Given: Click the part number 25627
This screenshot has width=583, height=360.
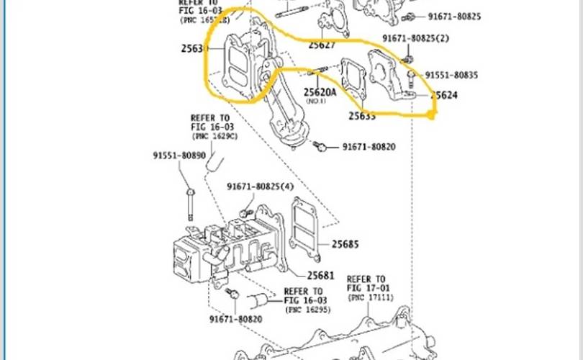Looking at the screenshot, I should click(x=322, y=45).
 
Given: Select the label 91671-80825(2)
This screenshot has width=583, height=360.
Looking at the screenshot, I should click(x=415, y=37).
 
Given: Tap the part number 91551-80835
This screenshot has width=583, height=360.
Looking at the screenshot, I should click(x=451, y=75).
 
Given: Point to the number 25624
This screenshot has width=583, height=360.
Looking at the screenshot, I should click(x=444, y=95).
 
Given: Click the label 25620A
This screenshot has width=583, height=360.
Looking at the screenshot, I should click(x=320, y=92).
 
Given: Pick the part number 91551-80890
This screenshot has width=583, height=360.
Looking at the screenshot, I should click(x=178, y=155).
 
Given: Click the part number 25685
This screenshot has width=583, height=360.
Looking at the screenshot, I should click(x=345, y=244).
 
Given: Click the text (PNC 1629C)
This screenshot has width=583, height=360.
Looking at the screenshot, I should click(x=214, y=135).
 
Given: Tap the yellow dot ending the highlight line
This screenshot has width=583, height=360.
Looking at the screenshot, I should click(x=432, y=114).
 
